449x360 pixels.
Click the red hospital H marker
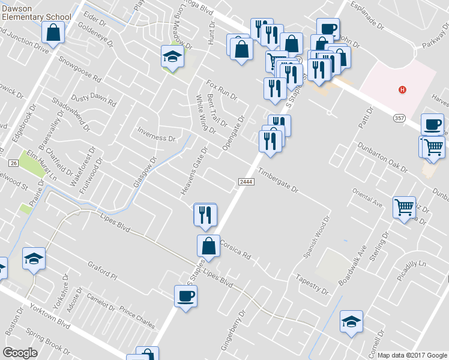pyautogui.click(x=403, y=90)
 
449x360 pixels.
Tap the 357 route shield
pyautogui.click(x=399, y=118)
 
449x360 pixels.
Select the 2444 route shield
pyautogui.click(x=245, y=182)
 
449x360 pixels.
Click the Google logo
pyautogui.click(x=20, y=352)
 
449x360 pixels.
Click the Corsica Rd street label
pyautogui.click(x=235, y=249)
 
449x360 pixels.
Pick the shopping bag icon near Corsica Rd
pyautogui.click(x=208, y=246)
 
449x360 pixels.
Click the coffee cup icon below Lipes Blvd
pyautogui.click(x=185, y=296)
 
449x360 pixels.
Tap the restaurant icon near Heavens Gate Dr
pyautogui.click(x=205, y=214)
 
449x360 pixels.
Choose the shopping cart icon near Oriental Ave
pyautogui.click(x=405, y=208)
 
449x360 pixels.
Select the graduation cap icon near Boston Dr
pyautogui.click(x=34, y=259)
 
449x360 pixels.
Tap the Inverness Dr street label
pyautogui.click(x=156, y=137)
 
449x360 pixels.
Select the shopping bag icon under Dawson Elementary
pyautogui.click(x=53, y=34)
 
